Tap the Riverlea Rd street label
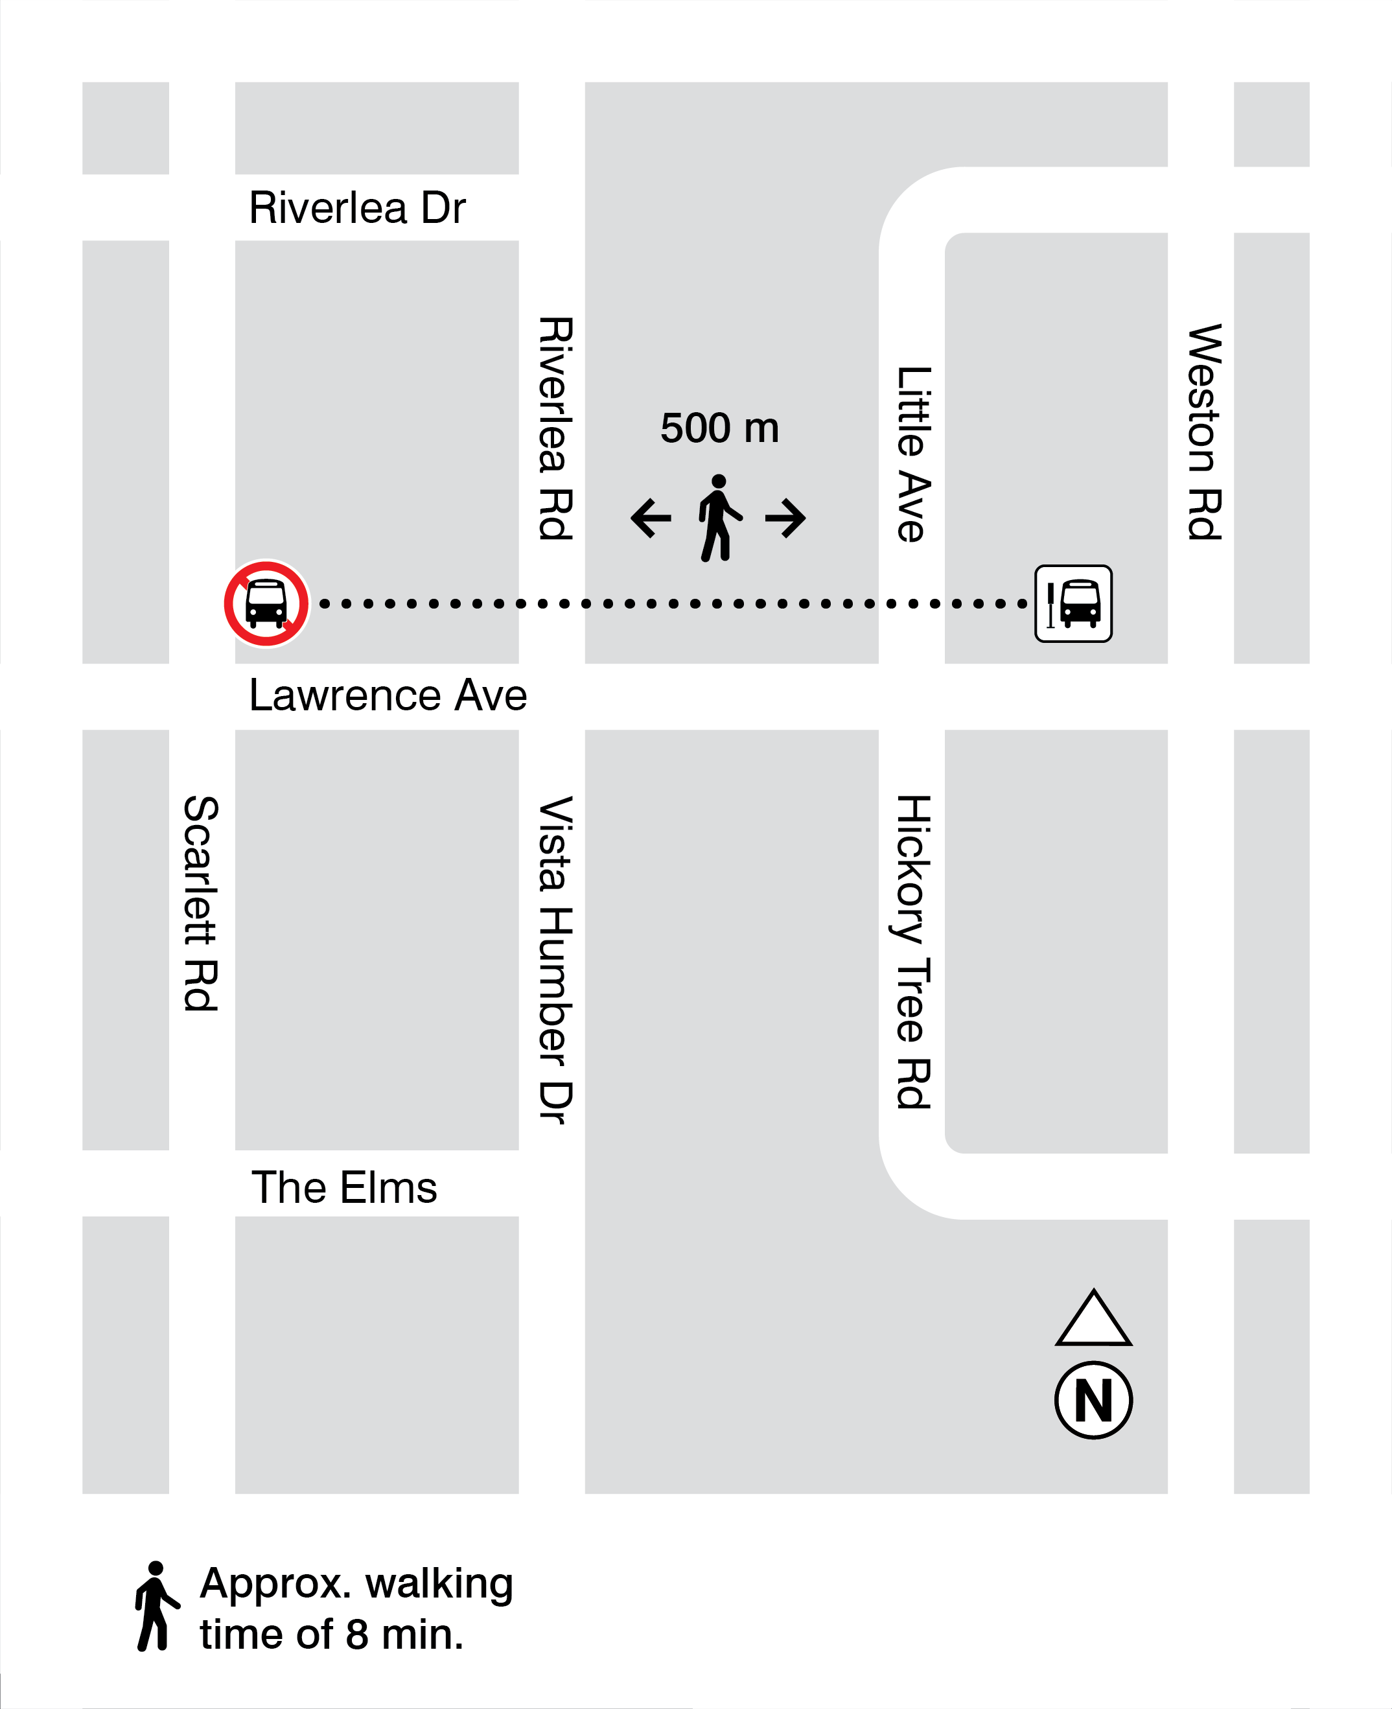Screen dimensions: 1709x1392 [x=555, y=428]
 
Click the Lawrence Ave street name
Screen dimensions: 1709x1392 [x=388, y=695]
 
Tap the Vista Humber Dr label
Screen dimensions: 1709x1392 [x=555, y=960]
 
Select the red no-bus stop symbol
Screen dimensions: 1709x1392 [x=266, y=603]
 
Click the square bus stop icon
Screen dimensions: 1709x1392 [x=1073, y=603]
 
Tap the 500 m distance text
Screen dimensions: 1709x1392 [x=719, y=428]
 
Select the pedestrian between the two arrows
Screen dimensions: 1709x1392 [x=719, y=518]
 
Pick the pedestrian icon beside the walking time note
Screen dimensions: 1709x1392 [x=156, y=1607]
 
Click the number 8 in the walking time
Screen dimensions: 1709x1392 [x=357, y=1634]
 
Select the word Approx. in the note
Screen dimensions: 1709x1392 [x=275, y=1584]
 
